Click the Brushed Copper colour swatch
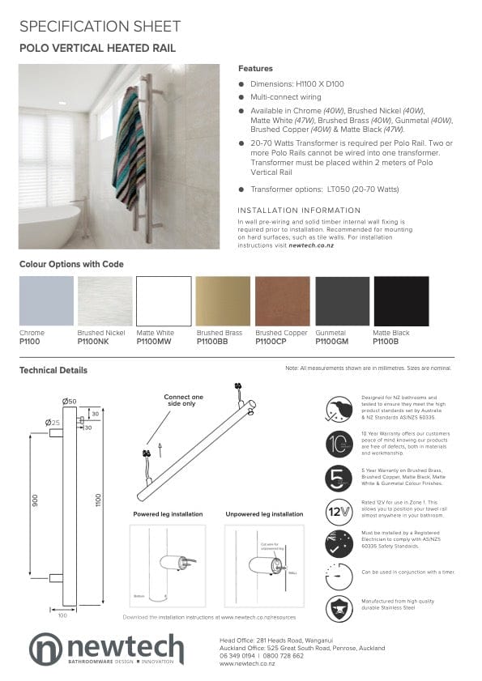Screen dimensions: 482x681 point(282,300)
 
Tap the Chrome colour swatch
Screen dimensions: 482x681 point(45,300)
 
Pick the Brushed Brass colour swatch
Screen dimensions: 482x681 point(223,300)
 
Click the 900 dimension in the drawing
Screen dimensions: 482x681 point(36,501)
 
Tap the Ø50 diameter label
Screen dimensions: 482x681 point(69,402)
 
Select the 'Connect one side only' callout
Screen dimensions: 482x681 point(183,400)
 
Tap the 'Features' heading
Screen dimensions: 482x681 point(255,69)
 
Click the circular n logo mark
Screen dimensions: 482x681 point(45,649)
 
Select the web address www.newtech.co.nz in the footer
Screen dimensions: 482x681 point(247,664)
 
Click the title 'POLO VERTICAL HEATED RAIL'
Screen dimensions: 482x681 point(97,49)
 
